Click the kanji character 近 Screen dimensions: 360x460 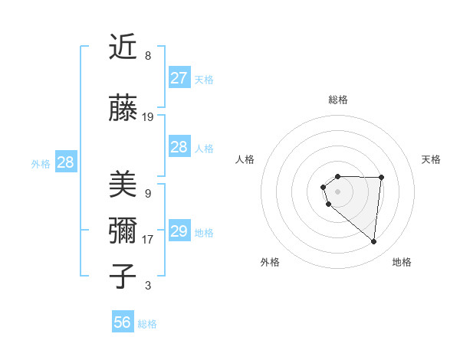123,47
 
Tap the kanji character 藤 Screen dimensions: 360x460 123,108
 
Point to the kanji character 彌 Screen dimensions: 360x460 123,231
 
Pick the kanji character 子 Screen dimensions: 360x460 123,276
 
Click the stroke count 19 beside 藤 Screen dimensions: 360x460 148,117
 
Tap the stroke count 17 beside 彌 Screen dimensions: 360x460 148,240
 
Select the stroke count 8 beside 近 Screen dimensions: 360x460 148,56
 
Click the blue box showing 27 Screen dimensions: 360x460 179,78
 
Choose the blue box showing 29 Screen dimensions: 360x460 179,231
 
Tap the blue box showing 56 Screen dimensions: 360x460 123,322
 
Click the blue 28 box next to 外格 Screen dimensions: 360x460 65,162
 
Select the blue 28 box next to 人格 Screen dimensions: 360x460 179,147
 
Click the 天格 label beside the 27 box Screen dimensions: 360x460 204,80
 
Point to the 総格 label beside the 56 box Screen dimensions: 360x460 147,324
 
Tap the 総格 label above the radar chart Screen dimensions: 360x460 337,100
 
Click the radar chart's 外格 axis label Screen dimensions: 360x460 270,262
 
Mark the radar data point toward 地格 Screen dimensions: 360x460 374,242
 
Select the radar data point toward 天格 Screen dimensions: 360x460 381,178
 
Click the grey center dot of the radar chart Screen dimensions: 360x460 337,191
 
